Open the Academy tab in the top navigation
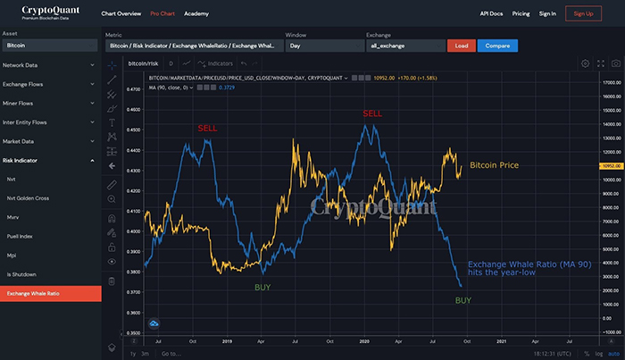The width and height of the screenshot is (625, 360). (x=197, y=14)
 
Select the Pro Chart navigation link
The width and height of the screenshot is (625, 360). (x=162, y=14)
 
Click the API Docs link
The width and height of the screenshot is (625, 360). (x=492, y=14)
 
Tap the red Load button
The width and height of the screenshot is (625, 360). (x=461, y=45)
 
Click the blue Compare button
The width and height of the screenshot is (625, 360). (x=497, y=45)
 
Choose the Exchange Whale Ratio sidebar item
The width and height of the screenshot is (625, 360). (x=50, y=293)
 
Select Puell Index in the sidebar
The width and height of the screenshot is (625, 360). (x=20, y=236)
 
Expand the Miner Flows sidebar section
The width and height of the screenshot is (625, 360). (x=50, y=103)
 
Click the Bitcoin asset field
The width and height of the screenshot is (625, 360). (x=50, y=45)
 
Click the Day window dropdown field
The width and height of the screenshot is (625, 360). (x=323, y=45)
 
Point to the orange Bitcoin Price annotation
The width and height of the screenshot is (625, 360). (x=494, y=165)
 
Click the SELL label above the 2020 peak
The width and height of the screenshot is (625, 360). (x=372, y=113)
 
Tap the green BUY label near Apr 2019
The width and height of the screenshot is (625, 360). (x=262, y=287)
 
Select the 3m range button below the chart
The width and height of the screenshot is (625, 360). (x=145, y=354)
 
